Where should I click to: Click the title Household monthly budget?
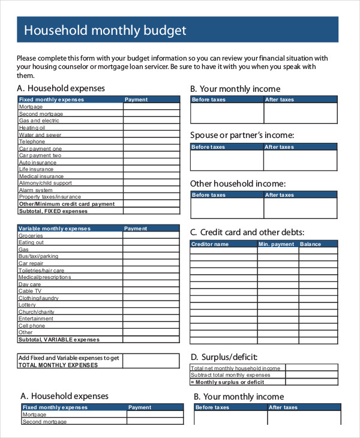(x=105, y=30)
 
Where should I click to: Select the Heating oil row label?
(x=32, y=128)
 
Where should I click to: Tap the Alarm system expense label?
(x=35, y=190)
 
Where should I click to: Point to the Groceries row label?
(x=31, y=235)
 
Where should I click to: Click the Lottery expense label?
(x=28, y=305)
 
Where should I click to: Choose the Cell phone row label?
(x=32, y=326)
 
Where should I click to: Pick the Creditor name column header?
(x=209, y=244)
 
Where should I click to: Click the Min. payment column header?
(x=277, y=244)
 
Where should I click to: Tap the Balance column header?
(x=311, y=244)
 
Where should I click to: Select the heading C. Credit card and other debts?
(x=247, y=232)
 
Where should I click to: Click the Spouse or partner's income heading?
(x=242, y=135)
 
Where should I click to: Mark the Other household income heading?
(x=238, y=184)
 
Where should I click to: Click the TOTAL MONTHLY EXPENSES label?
(x=58, y=365)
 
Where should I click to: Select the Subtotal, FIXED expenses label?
(x=53, y=211)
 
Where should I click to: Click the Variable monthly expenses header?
(x=55, y=229)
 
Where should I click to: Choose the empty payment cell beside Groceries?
(x=151, y=236)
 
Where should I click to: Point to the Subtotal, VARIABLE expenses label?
(x=59, y=340)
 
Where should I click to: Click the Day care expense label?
(x=30, y=284)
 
